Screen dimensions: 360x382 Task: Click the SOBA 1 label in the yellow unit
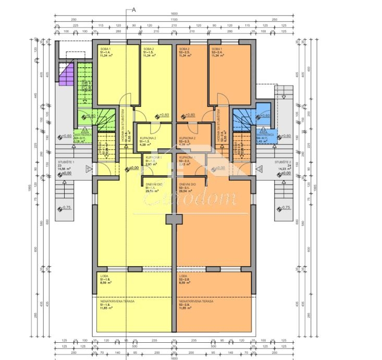[106, 49]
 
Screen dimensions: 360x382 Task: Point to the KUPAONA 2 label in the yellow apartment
[147, 138]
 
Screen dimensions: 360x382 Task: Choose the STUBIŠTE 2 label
[285, 162]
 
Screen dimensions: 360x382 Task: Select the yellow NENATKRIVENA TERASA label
[116, 301]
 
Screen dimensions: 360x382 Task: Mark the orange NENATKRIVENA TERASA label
[194, 301]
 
